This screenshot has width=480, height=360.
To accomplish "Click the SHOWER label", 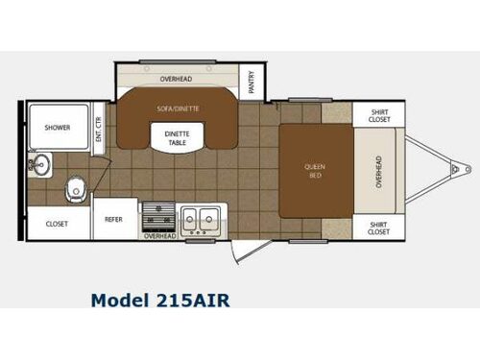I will pos(57,127).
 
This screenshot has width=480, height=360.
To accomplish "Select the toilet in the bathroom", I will pos(73,190).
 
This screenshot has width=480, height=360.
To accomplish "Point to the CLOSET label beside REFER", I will pos(57,223).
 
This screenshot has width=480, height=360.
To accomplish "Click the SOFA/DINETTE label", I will pos(177,108).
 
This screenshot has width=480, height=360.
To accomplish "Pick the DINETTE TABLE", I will pos(176,139).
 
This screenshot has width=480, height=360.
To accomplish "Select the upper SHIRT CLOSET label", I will pos(378,114).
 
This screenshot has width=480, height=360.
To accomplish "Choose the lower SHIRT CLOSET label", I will pos(378,228).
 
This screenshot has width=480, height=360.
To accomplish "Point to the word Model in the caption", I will pos(119,300).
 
